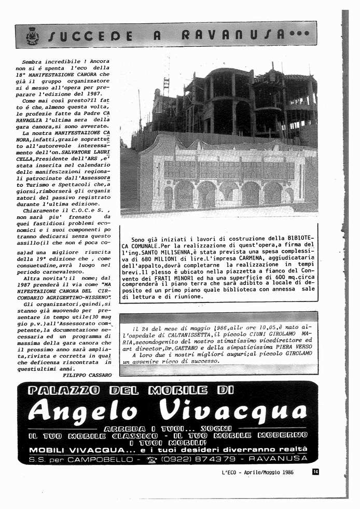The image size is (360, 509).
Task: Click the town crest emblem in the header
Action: coord(32,35)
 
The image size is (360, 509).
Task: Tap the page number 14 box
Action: coord(315,471)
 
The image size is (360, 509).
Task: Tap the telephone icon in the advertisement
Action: coord(151,459)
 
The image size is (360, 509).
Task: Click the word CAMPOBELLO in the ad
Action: coord(99,459)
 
